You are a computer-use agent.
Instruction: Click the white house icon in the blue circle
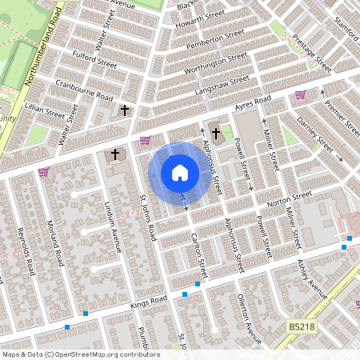coord(179,173)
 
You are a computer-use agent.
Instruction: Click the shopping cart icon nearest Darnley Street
coord(300,94)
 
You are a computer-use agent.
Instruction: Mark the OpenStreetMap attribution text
coord(81,354)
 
